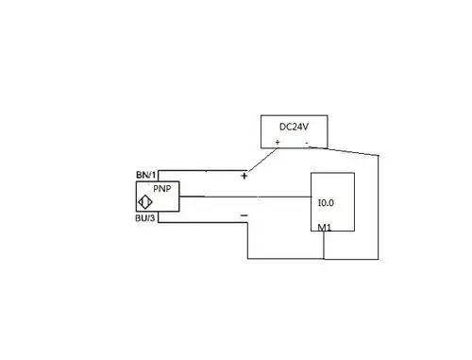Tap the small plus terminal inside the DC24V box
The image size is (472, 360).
click(278, 143)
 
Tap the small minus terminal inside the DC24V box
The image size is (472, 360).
click(307, 143)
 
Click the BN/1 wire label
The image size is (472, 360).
click(146, 176)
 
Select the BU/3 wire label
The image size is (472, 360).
click(146, 219)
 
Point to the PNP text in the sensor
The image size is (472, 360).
click(161, 188)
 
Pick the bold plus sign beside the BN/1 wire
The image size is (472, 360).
click(244, 176)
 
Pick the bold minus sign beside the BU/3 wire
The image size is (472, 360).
click(244, 215)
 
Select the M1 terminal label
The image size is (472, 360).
click(324, 228)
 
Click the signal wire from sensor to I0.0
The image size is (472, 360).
click(245, 197)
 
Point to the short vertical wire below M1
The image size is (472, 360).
click(324, 246)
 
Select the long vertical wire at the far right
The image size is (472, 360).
click(378, 208)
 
